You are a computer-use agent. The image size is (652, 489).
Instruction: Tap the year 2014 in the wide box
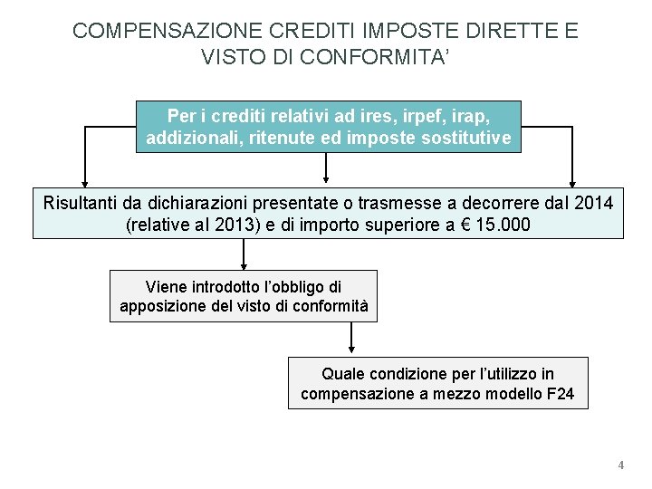click(593, 202)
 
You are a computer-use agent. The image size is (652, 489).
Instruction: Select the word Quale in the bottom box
click(343, 373)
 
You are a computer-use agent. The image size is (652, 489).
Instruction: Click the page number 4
click(620, 465)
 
